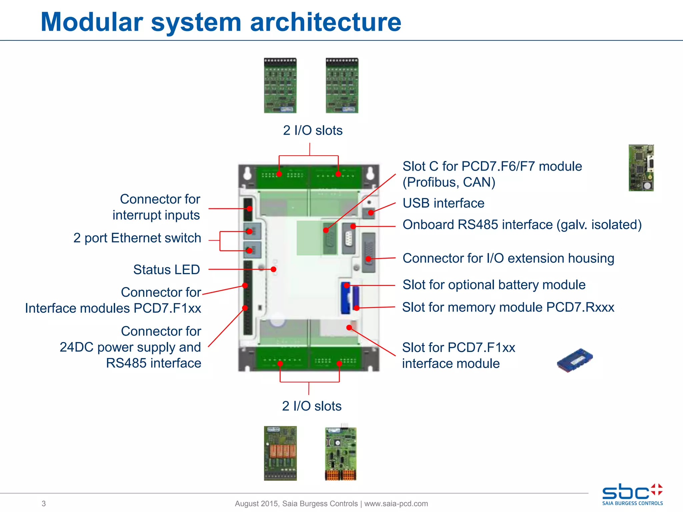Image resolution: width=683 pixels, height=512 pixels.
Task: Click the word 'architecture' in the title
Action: [325, 23]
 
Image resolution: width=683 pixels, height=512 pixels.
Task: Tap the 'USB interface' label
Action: [443, 203]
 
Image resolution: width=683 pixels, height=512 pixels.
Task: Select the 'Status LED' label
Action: [166, 269]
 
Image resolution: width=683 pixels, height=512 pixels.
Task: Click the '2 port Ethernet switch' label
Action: [137, 238]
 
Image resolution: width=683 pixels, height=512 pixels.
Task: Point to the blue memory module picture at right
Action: [575, 360]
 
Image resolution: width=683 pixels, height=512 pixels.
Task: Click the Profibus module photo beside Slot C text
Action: [641, 168]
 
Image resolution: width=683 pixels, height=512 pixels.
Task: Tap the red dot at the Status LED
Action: [273, 269]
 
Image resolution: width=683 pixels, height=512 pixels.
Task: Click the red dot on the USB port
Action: [371, 213]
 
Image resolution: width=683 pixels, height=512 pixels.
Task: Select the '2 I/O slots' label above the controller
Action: [312, 130]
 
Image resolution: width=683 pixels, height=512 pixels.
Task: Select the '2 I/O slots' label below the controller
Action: [311, 406]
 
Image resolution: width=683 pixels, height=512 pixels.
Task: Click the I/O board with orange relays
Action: [280, 453]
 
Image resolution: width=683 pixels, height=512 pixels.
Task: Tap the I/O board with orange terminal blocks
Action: [340, 454]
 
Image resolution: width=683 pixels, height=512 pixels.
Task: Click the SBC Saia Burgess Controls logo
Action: [632, 495]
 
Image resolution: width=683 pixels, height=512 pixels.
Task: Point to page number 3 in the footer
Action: [44, 503]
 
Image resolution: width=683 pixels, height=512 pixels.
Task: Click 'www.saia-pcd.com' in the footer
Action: [396, 503]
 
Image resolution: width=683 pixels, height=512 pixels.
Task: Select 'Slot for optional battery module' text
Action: [494, 285]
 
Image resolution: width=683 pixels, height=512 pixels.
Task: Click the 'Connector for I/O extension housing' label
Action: [508, 258]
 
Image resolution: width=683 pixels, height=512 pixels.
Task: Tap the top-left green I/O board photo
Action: [280, 86]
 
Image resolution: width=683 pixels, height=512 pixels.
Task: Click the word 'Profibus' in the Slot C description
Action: [428, 182]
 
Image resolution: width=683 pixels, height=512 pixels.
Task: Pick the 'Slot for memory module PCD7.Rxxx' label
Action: [508, 307]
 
